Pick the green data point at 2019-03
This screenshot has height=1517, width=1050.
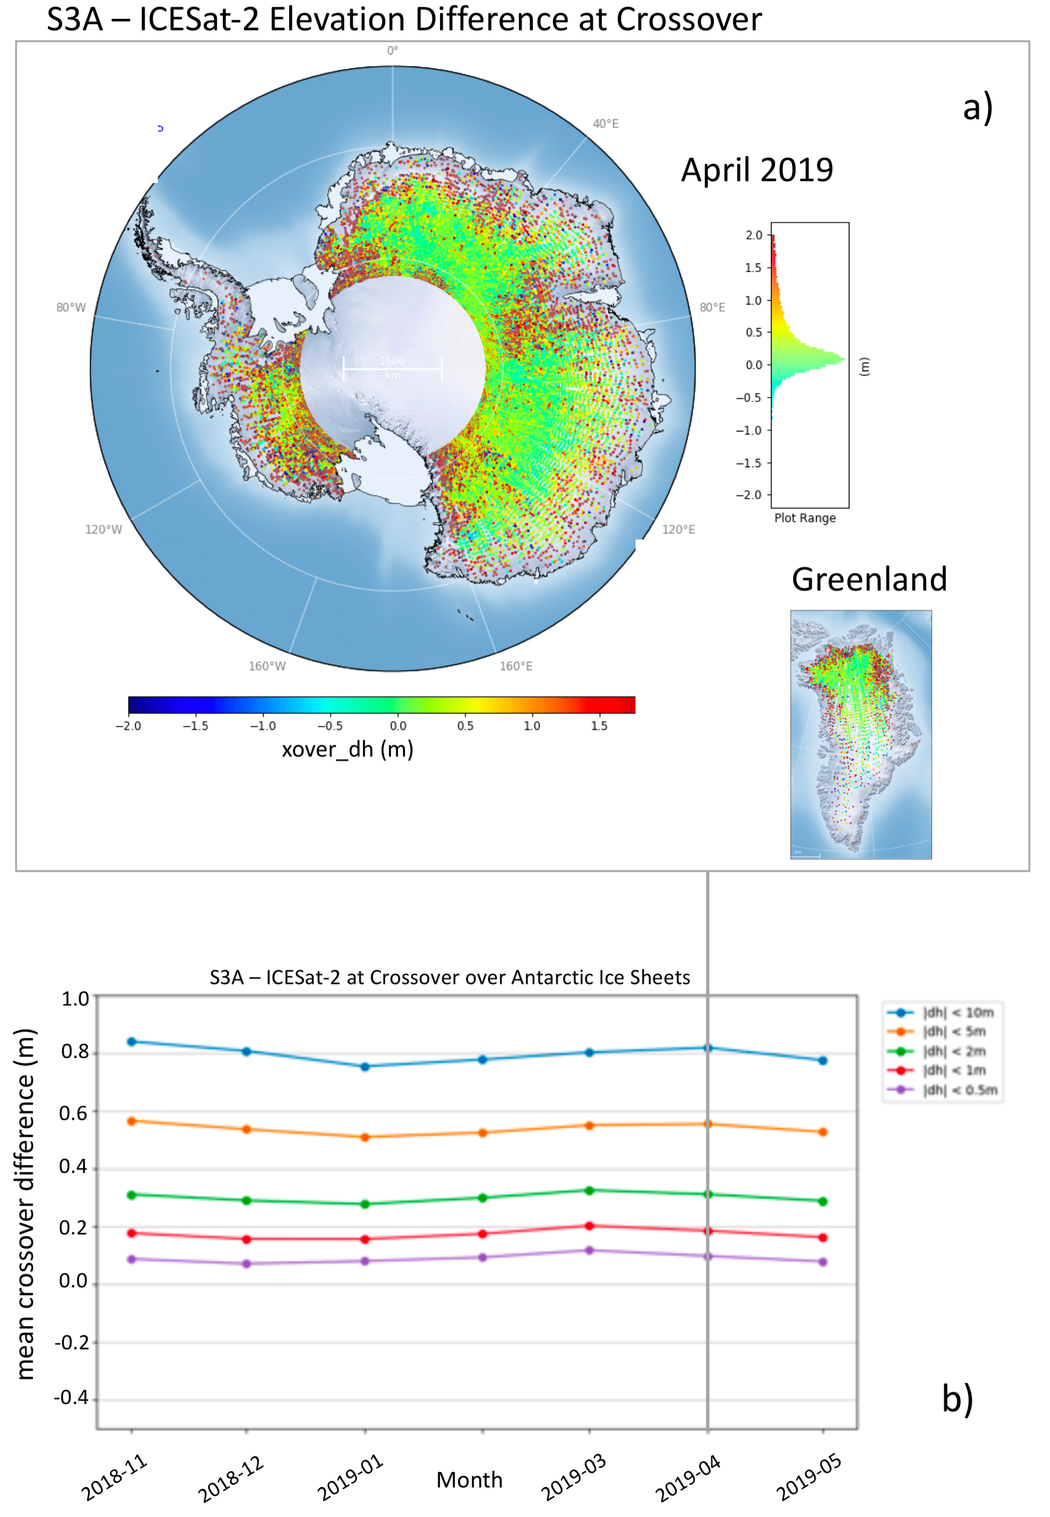click(589, 1191)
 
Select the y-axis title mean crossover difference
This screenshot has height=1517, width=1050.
click(25, 1204)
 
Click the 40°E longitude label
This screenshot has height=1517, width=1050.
click(605, 124)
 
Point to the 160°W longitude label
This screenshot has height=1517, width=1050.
click(267, 666)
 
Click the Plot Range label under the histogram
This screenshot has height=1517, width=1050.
click(805, 518)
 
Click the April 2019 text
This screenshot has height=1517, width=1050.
click(757, 170)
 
